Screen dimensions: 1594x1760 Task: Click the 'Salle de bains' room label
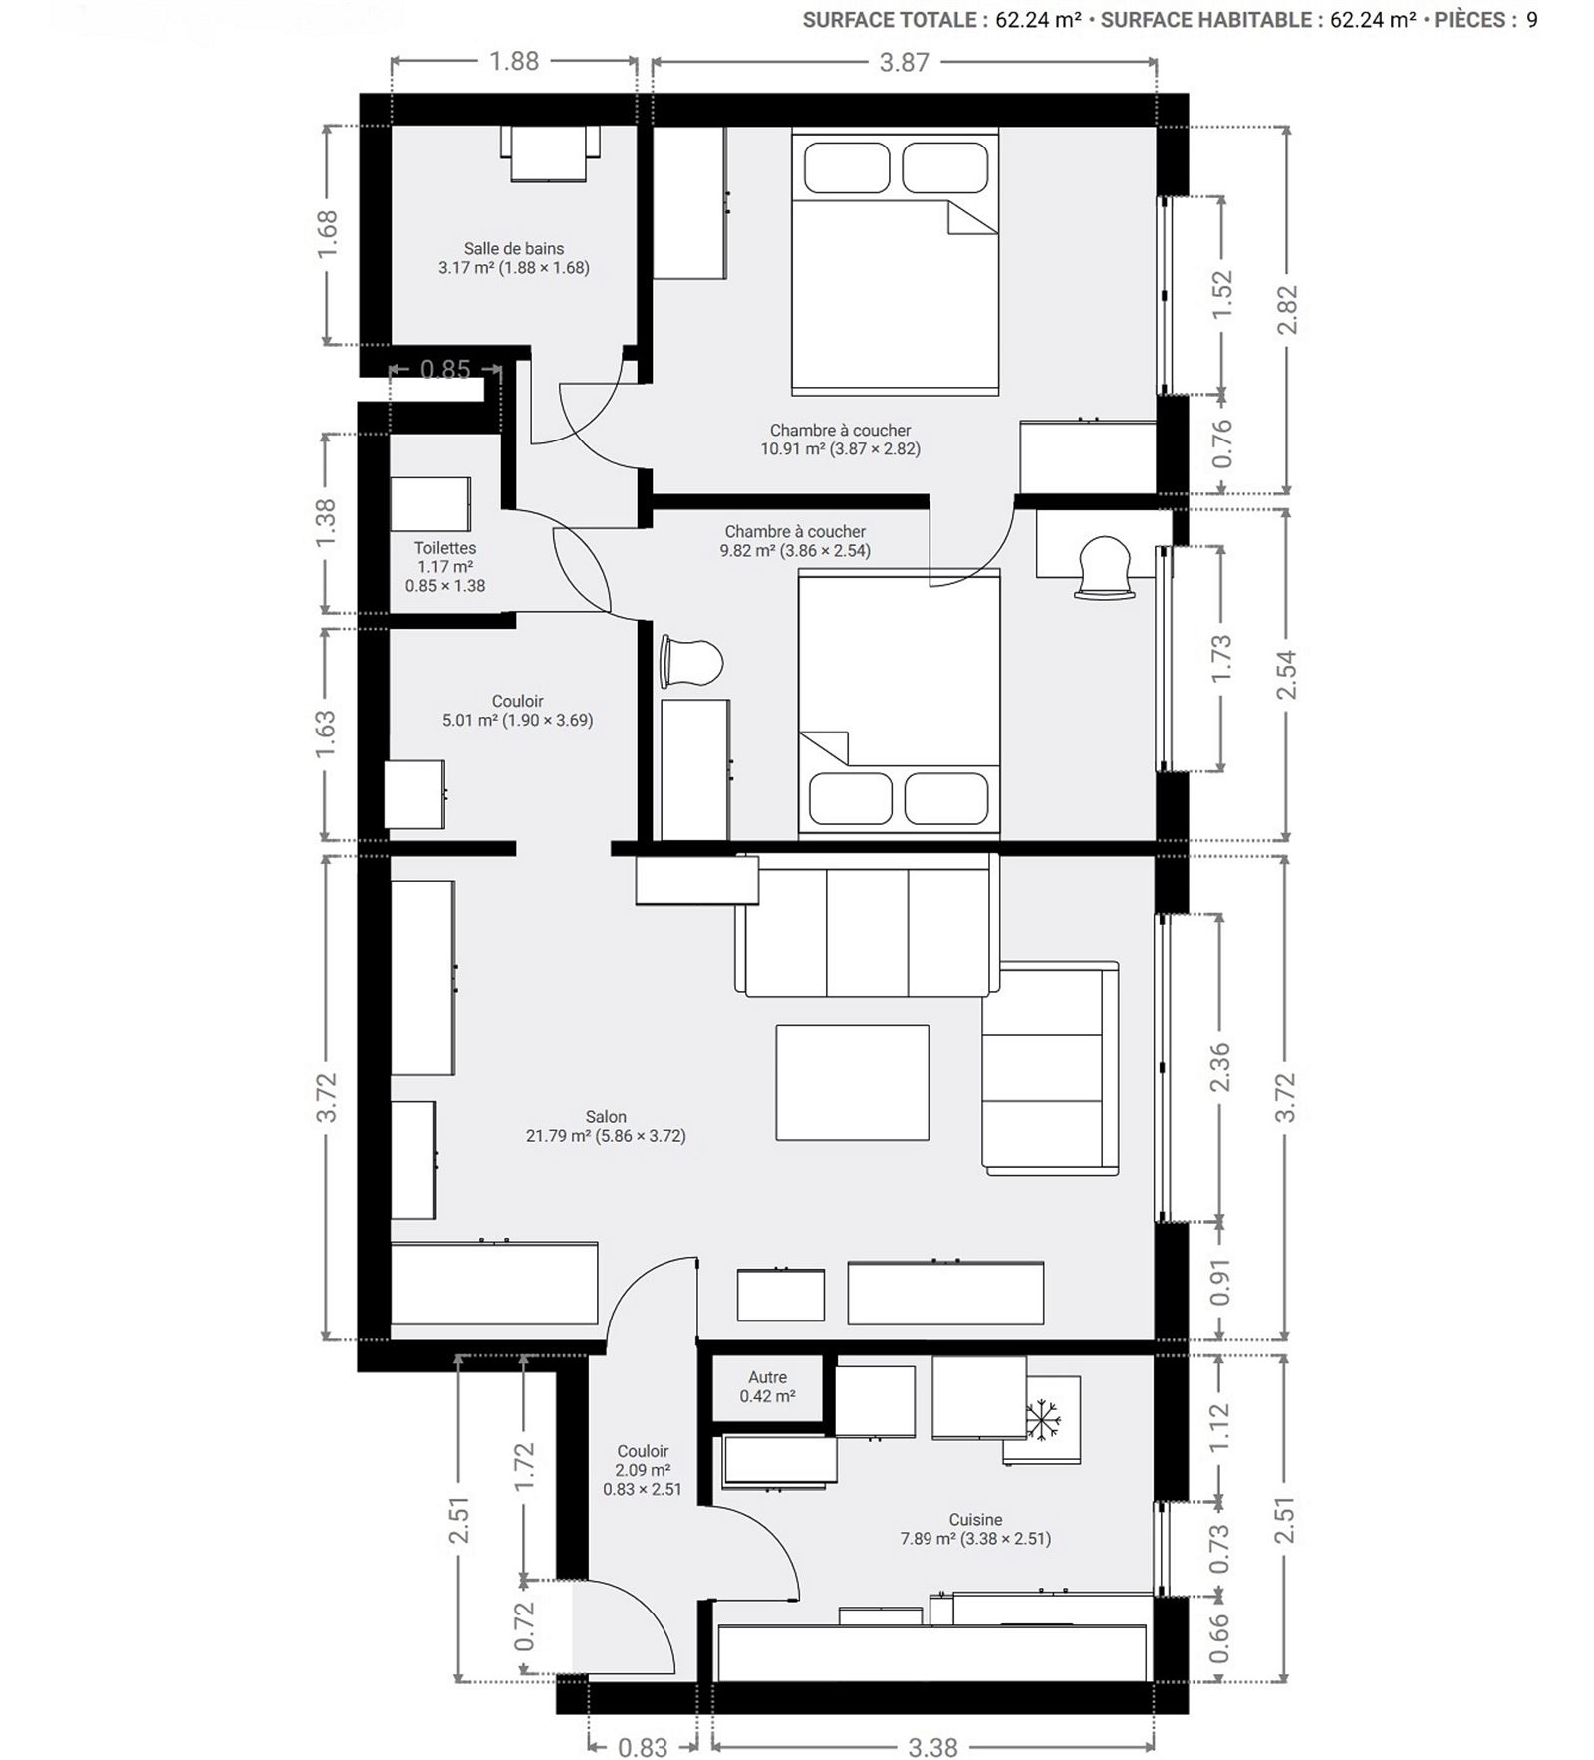514,249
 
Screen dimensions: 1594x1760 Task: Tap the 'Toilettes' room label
445,548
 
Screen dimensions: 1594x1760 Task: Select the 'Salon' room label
606,1117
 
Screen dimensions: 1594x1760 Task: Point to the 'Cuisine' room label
975,1520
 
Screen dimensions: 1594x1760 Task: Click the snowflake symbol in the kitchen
1043,1418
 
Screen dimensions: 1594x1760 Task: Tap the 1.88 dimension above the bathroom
514,62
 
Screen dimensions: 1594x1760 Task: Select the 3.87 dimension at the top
904,63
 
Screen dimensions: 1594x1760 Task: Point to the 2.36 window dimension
1220,1067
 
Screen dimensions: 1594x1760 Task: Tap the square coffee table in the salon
853,1082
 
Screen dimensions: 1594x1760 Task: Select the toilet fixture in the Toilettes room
429,504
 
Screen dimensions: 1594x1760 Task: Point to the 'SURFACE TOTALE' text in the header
889,20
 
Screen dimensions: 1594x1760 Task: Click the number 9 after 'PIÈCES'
1531,20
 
